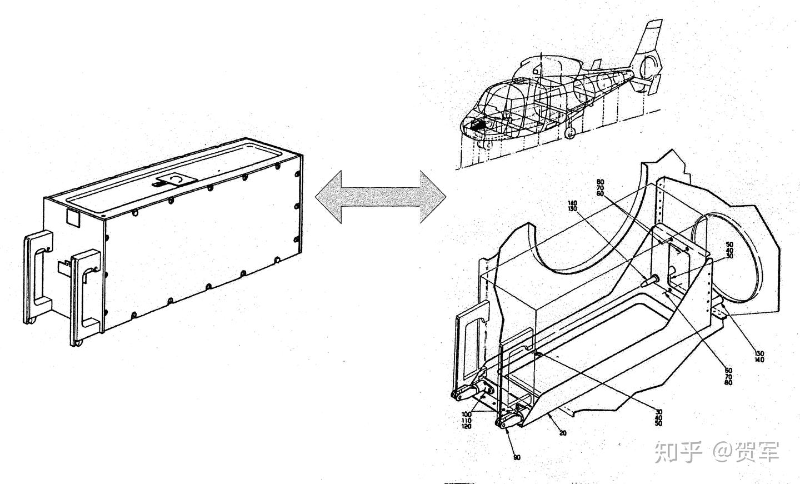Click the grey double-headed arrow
pyautogui.click(x=381, y=196)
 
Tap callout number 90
pyautogui.click(x=516, y=457)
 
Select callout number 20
pyautogui.click(x=563, y=433)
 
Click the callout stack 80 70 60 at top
pyautogui.click(x=599, y=188)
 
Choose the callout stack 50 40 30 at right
pyautogui.click(x=729, y=250)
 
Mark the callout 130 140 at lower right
pyautogui.click(x=759, y=356)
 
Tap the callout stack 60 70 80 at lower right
pyautogui.click(x=728, y=376)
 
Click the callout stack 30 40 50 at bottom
pyautogui.click(x=658, y=417)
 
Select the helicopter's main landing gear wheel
pyautogui.click(x=570, y=133)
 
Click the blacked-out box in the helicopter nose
pyautogui.click(x=477, y=125)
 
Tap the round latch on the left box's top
pyautogui.click(x=176, y=179)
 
